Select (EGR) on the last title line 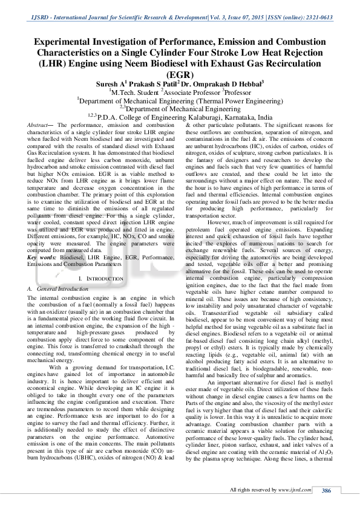coord(180,74)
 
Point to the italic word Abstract coord(39,123)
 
